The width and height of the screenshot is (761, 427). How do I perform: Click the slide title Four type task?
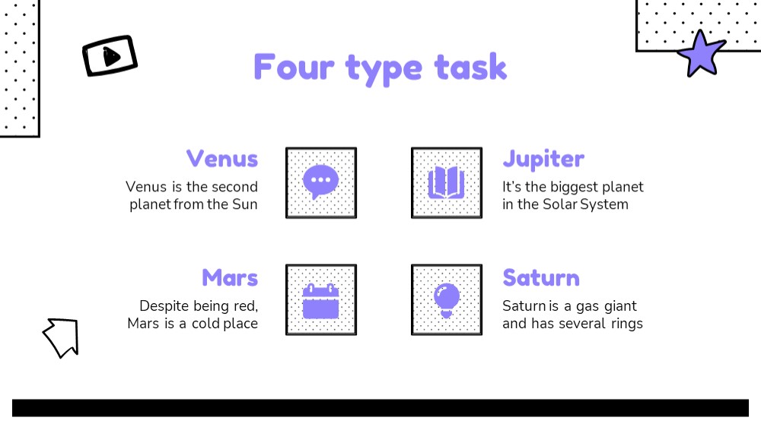[380, 68]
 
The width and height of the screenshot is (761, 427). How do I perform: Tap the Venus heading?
[222, 159]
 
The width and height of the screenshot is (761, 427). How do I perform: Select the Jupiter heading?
[543, 160]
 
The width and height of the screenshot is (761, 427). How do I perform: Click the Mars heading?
[230, 278]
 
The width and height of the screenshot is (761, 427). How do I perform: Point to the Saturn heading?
[541, 278]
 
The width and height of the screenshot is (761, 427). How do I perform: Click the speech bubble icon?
[321, 182]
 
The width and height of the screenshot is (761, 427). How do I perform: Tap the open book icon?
[447, 182]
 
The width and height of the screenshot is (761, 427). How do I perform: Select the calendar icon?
[321, 301]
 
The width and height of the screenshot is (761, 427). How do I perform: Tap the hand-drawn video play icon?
[110, 55]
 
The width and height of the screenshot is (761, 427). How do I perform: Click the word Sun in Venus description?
[244, 204]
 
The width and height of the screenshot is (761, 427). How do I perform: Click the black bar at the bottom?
[380, 408]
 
